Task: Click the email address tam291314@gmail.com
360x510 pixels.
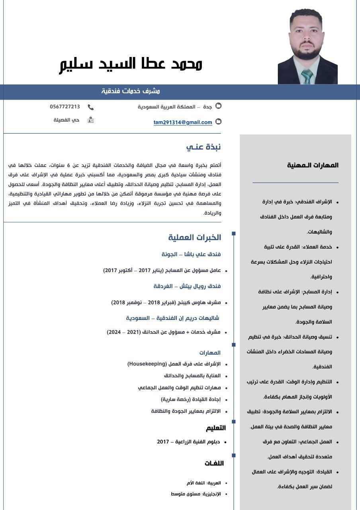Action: point(183,122)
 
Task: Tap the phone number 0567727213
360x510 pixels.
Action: point(65,107)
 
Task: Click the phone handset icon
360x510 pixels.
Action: point(91,107)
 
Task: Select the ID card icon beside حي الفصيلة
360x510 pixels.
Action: point(91,120)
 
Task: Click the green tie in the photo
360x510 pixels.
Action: point(307,76)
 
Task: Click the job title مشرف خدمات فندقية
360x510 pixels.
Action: point(131,91)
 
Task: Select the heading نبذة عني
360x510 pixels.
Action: point(203,147)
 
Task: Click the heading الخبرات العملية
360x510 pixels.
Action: point(194,237)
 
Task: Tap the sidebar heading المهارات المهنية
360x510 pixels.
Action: point(313,165)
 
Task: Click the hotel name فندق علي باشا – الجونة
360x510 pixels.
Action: point(191,254)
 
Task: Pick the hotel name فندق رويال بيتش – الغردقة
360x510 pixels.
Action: point(187,286)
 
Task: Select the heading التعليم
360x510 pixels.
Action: point(215,428)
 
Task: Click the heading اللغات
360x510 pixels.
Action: point(214,463)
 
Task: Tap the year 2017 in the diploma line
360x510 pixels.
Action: point(163,442)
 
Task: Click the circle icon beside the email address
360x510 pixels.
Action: point(218,122)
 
